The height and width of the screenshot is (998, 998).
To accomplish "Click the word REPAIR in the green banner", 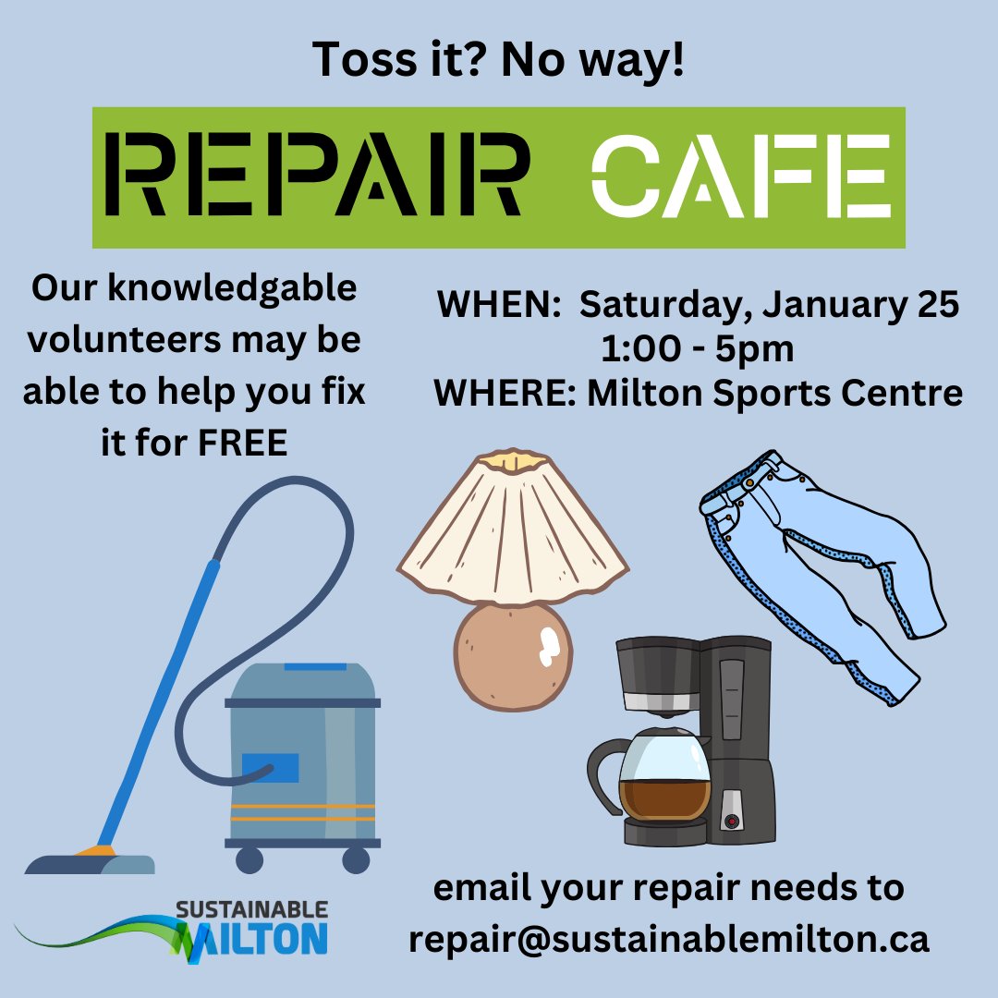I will (x=320, y=176).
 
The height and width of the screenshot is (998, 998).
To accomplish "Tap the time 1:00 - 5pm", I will (x=697, y=349).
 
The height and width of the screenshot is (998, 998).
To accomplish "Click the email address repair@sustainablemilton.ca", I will (x=668, y=939).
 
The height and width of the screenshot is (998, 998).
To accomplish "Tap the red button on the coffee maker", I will (x=733, y=820).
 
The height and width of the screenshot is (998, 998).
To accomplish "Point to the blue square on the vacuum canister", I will (x=270, y=767).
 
